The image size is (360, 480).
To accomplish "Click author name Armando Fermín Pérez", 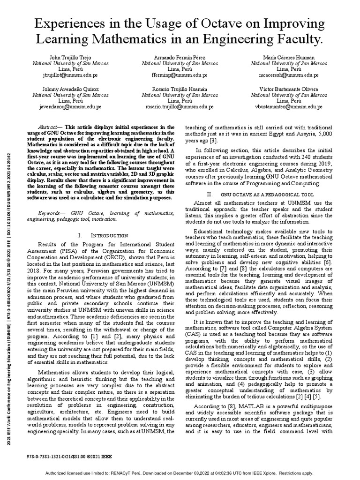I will [180, 56].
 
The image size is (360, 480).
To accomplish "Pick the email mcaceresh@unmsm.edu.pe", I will [289, 75].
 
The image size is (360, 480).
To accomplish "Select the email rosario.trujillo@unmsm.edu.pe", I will [180, 106].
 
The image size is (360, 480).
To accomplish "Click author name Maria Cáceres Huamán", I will [289, 56].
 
